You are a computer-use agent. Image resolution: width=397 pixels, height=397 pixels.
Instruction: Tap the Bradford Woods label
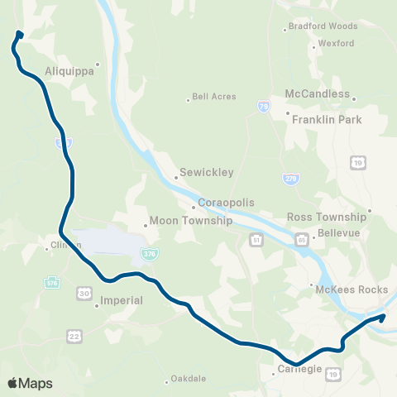(322, 26)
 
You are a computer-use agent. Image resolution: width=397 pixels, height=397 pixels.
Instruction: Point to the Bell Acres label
(213, 96)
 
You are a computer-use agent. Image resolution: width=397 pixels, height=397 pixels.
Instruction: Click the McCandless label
(318, 93)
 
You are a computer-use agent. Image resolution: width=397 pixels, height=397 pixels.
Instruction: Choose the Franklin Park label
(327, 119)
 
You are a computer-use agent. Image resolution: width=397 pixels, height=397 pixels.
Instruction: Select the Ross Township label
(326, 217)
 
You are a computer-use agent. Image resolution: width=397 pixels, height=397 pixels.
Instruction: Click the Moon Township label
(180, 222)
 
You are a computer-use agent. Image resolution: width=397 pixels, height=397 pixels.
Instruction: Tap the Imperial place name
(122, 300)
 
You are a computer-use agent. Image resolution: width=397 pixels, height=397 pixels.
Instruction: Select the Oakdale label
(188, 380)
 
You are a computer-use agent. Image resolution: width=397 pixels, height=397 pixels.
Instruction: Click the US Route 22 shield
(75, 336)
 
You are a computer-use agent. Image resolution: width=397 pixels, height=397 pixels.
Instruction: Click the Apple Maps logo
(30, 383)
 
